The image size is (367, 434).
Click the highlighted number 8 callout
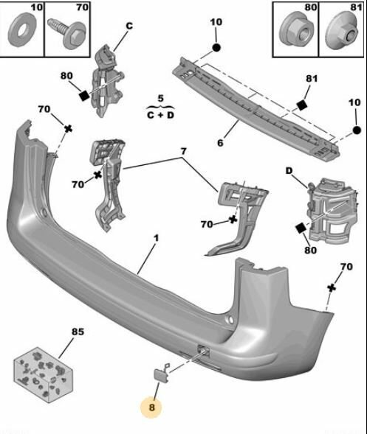coord(151,407)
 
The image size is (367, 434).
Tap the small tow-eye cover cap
coord(160,374)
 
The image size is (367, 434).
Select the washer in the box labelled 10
coord(21,31)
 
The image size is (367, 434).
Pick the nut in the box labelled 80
coord(295,30)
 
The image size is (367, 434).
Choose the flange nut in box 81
coord(341,32)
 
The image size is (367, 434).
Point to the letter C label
coord(129,26)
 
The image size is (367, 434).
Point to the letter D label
coord(289,171)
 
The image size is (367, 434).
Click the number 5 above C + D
coord(161,99)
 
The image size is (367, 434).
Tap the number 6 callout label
coord(220,143)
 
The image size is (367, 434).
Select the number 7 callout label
coord(183,151)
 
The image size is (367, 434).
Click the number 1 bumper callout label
coord(156,238)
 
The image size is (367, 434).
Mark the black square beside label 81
coord(301,105)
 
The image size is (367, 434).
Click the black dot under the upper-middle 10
coord(216,48)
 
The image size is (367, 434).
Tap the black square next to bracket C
coord(83,96)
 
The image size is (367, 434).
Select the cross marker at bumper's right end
coord(332,288)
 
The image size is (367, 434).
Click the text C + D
coord(161,115)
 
